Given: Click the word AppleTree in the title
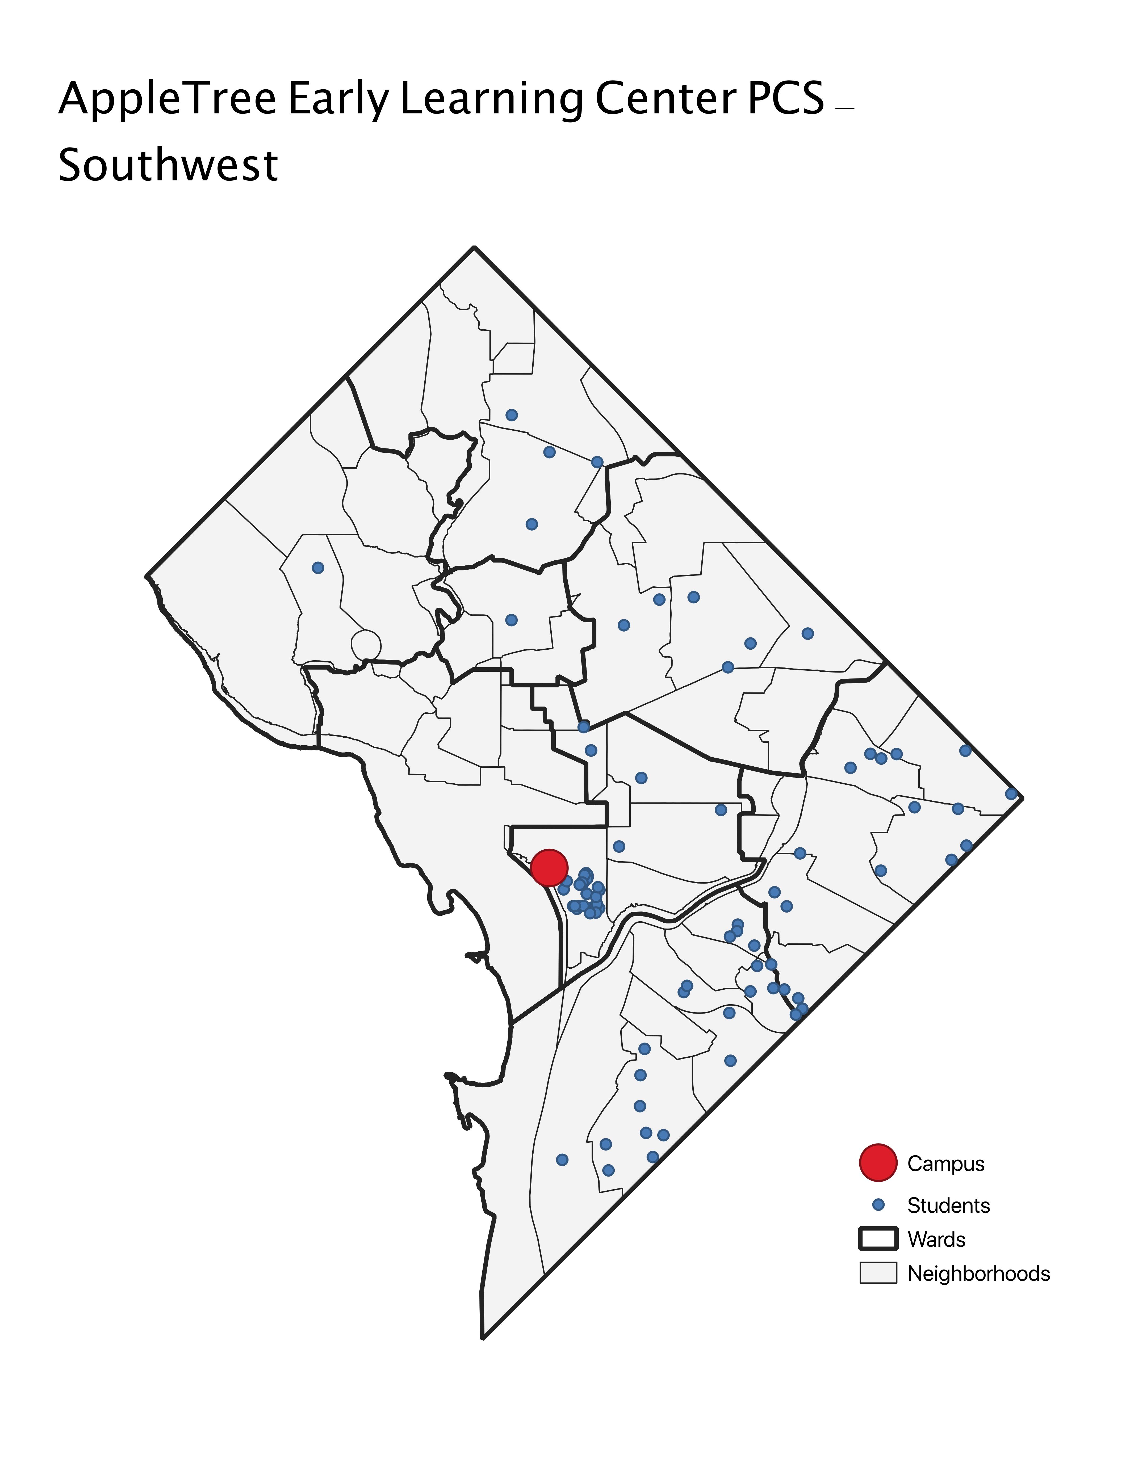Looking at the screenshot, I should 167,98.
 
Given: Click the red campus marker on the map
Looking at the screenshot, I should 549,868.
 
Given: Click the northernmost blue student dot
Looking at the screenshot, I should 512,415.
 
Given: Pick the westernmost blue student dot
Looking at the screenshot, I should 318,568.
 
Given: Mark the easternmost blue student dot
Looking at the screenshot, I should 1011,794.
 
